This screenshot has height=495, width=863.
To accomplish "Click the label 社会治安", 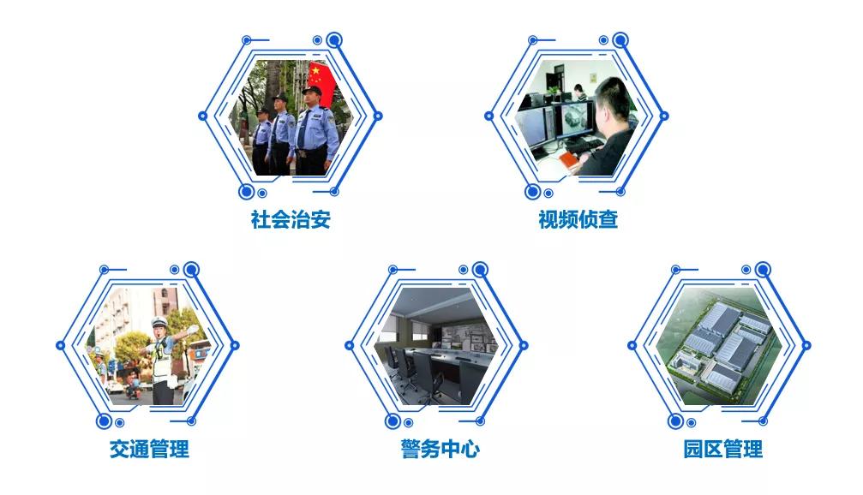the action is pyautogui.click(x=291, y=219).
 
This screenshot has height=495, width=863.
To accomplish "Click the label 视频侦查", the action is pyautogui.click(x=578, y=219).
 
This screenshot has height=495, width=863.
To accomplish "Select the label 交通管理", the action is pyautogui.click(x=149, y=450).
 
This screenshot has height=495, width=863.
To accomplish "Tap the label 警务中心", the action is pyautogui.click(x=440, y=450).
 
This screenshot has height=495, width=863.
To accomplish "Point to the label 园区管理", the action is pyautogui.click(x=723, y=450).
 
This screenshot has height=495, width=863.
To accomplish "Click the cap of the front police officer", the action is pyautogui.click(x=312, y=90).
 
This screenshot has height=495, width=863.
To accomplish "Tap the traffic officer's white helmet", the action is pyautogui.click(x=159, y=322).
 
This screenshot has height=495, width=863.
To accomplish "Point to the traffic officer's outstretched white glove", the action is pyautogui.click(x=192, y=330).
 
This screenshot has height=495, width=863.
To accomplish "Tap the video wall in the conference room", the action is pyautogui.click(x=465, y=338).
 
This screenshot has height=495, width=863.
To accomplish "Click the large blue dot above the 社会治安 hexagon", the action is pyautogui.click(x=334, y=40).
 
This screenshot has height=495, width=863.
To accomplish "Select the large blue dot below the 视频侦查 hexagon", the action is pyautogui.click(x=532, y=191).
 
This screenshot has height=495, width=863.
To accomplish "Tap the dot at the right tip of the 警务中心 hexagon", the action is pyautogui.click(x=524, y=345).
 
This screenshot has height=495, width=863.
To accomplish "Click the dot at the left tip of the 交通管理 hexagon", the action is pyautogui.click(x=61, y=345).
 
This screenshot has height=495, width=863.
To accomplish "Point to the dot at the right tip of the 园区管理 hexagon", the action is pyautogui.click(x=806, y=345).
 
